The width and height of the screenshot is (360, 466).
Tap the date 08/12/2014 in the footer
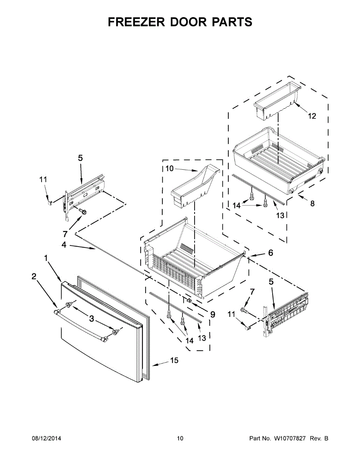click(x=46, y=439)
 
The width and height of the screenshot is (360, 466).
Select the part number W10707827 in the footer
click(x=290, y=439)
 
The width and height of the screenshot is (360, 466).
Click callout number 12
click(x=312, y=116)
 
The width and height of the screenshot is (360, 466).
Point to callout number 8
click(x=312, y=203)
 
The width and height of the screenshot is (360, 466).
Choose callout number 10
click(x=170, y=169)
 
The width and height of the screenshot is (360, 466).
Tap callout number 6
click(x=271, y=253)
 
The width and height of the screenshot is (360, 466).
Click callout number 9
click(x=212, y=315)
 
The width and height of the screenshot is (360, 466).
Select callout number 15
click(x=174, y=361)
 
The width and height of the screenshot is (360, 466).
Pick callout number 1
click(x=46, y=258)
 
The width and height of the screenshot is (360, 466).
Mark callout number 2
click(x=34, y=276)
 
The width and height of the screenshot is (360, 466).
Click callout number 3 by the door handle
click(x=91, y=319)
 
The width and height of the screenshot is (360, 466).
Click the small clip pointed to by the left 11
click(x=49, y=202)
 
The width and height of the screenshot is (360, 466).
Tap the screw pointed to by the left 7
click(x=82, y=211)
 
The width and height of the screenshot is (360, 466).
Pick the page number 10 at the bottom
click(x=180, y=439)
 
